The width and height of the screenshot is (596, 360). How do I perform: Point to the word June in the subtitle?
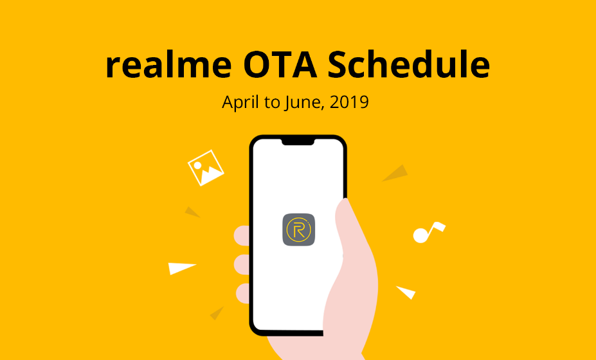(x=303, y=102)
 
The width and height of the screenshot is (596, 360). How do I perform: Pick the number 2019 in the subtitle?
(x=351, y=102)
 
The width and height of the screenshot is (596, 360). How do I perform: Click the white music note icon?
(x=427, y=232)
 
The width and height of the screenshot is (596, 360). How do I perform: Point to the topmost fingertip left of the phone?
(x=242, y=236)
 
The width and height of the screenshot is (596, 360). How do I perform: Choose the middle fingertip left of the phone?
(x=242, y=264)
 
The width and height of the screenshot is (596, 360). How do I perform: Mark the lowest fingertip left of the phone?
(x=242, y=293)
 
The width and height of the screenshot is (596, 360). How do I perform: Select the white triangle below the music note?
(x=406, y=292)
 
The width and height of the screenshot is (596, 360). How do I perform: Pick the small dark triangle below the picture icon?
(x=192, y=212)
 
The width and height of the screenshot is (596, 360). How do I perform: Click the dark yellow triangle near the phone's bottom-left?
(x=217, y=312)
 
